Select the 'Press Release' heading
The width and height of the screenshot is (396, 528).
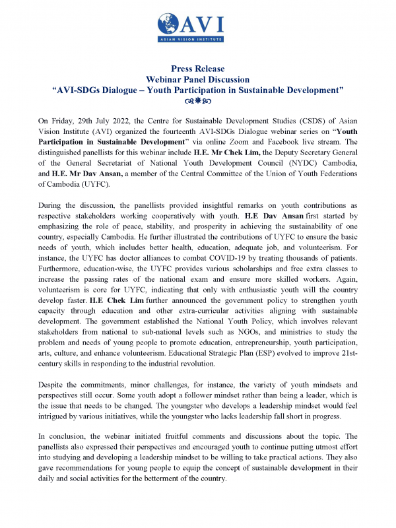pos(198,69)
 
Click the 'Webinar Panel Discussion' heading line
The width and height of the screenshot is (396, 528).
pos(198,79)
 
